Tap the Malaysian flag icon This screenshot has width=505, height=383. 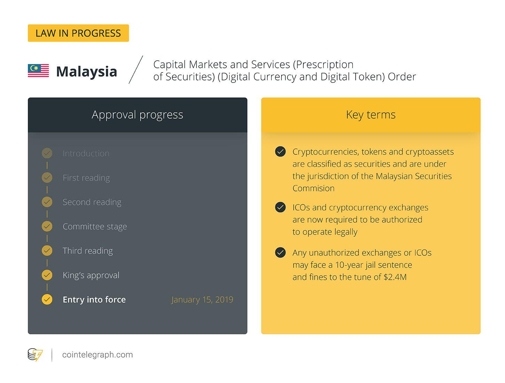(38, 70)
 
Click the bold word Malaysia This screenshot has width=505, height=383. (86, 71)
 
